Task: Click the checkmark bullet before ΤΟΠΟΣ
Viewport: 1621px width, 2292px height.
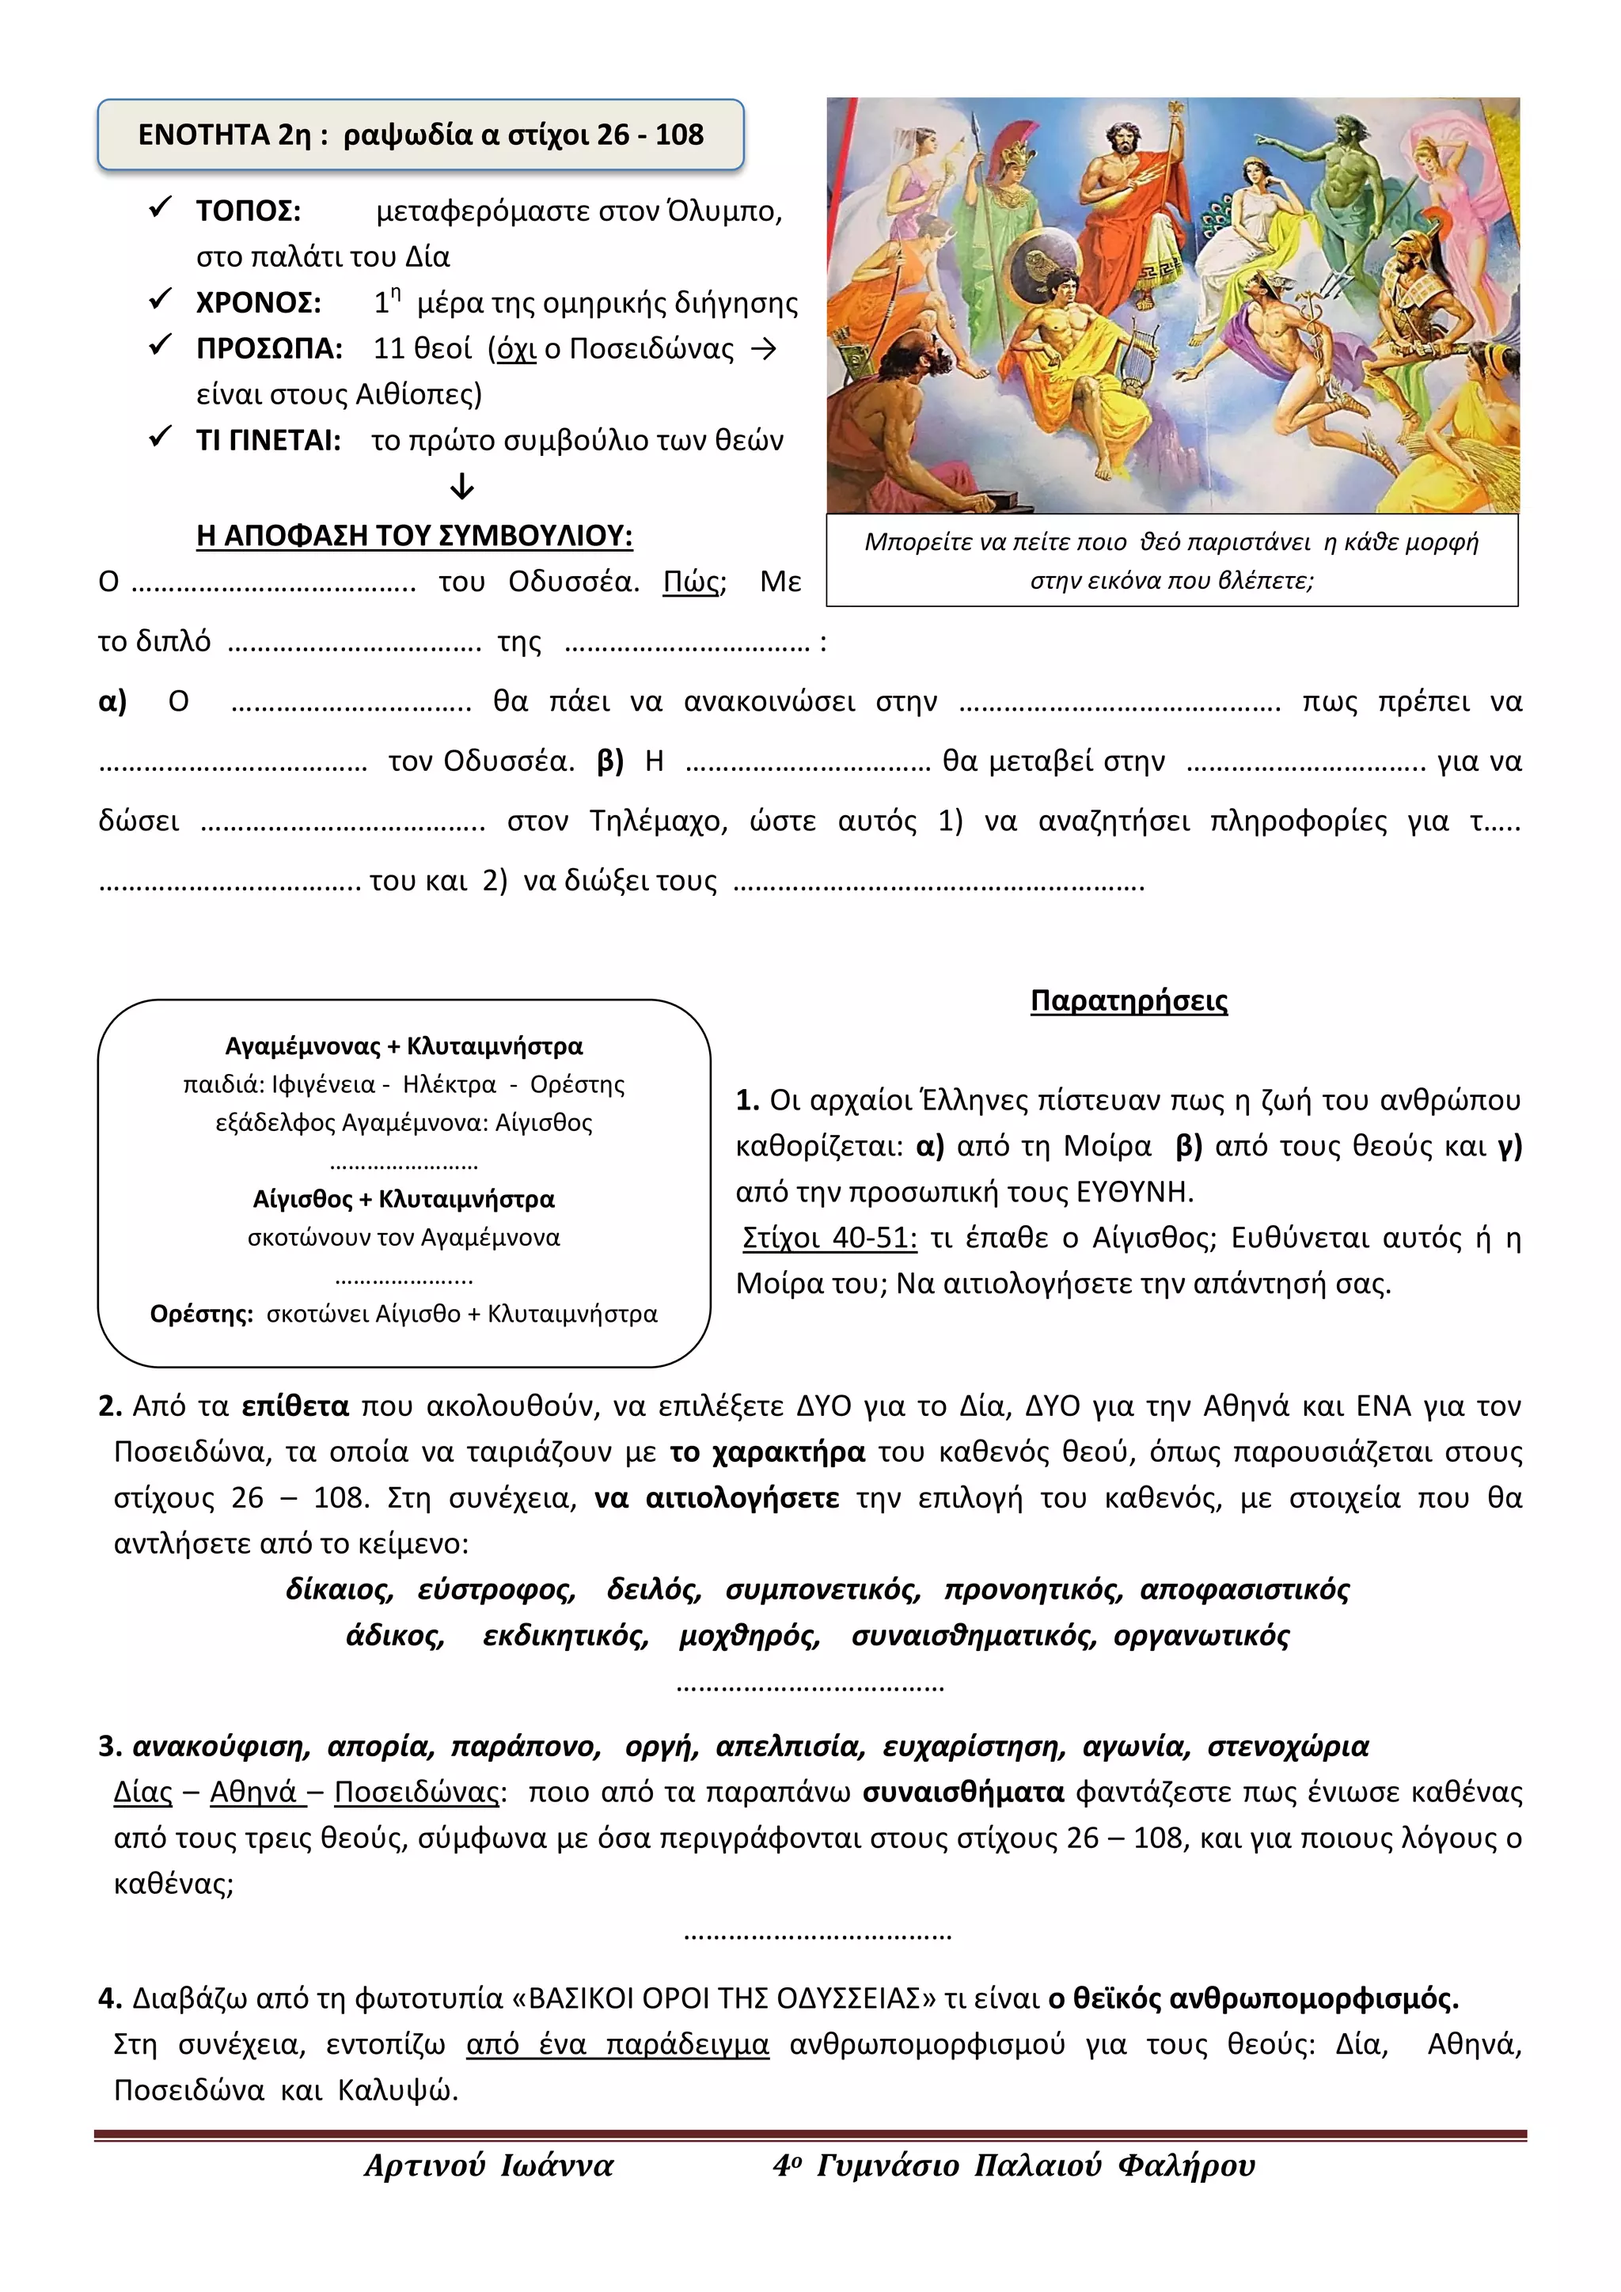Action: click(x=161, y=209)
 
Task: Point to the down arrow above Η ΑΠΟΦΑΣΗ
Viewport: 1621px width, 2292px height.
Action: click(x=461, y=488)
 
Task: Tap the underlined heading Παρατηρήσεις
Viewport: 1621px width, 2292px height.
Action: click(x=1128, y=1001)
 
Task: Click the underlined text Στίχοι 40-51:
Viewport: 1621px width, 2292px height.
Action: click(x=829, y=1238)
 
